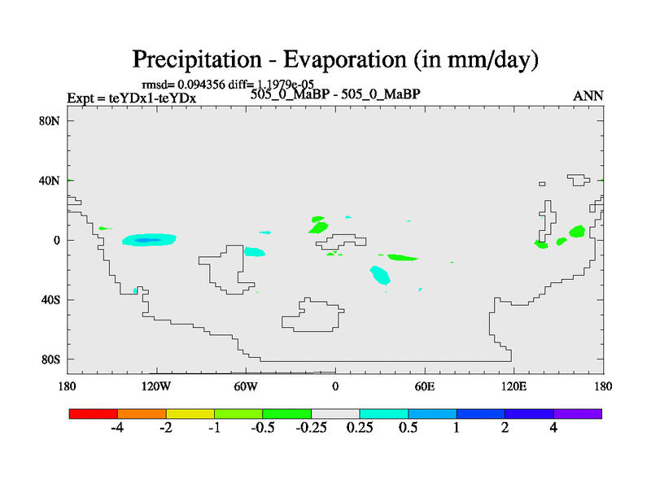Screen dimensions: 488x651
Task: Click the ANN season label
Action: pyautogui.click(x=588, y=96)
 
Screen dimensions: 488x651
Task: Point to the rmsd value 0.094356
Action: pyautogui.click(x=201, y=84)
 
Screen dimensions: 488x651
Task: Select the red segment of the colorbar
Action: pyautogui.click(x=94, y=413)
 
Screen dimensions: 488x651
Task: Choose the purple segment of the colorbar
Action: pyautogui.click(x=578, y=413)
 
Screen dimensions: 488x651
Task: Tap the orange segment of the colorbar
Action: pyautogui.click(x=142, y=413)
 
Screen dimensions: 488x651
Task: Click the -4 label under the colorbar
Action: pyautogui.click(x=116, y=428)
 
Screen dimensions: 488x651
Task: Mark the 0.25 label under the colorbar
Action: pyautogui.click(x=359, y=428)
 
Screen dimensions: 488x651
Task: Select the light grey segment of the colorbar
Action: pyautogui.click(x=335, y=413)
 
